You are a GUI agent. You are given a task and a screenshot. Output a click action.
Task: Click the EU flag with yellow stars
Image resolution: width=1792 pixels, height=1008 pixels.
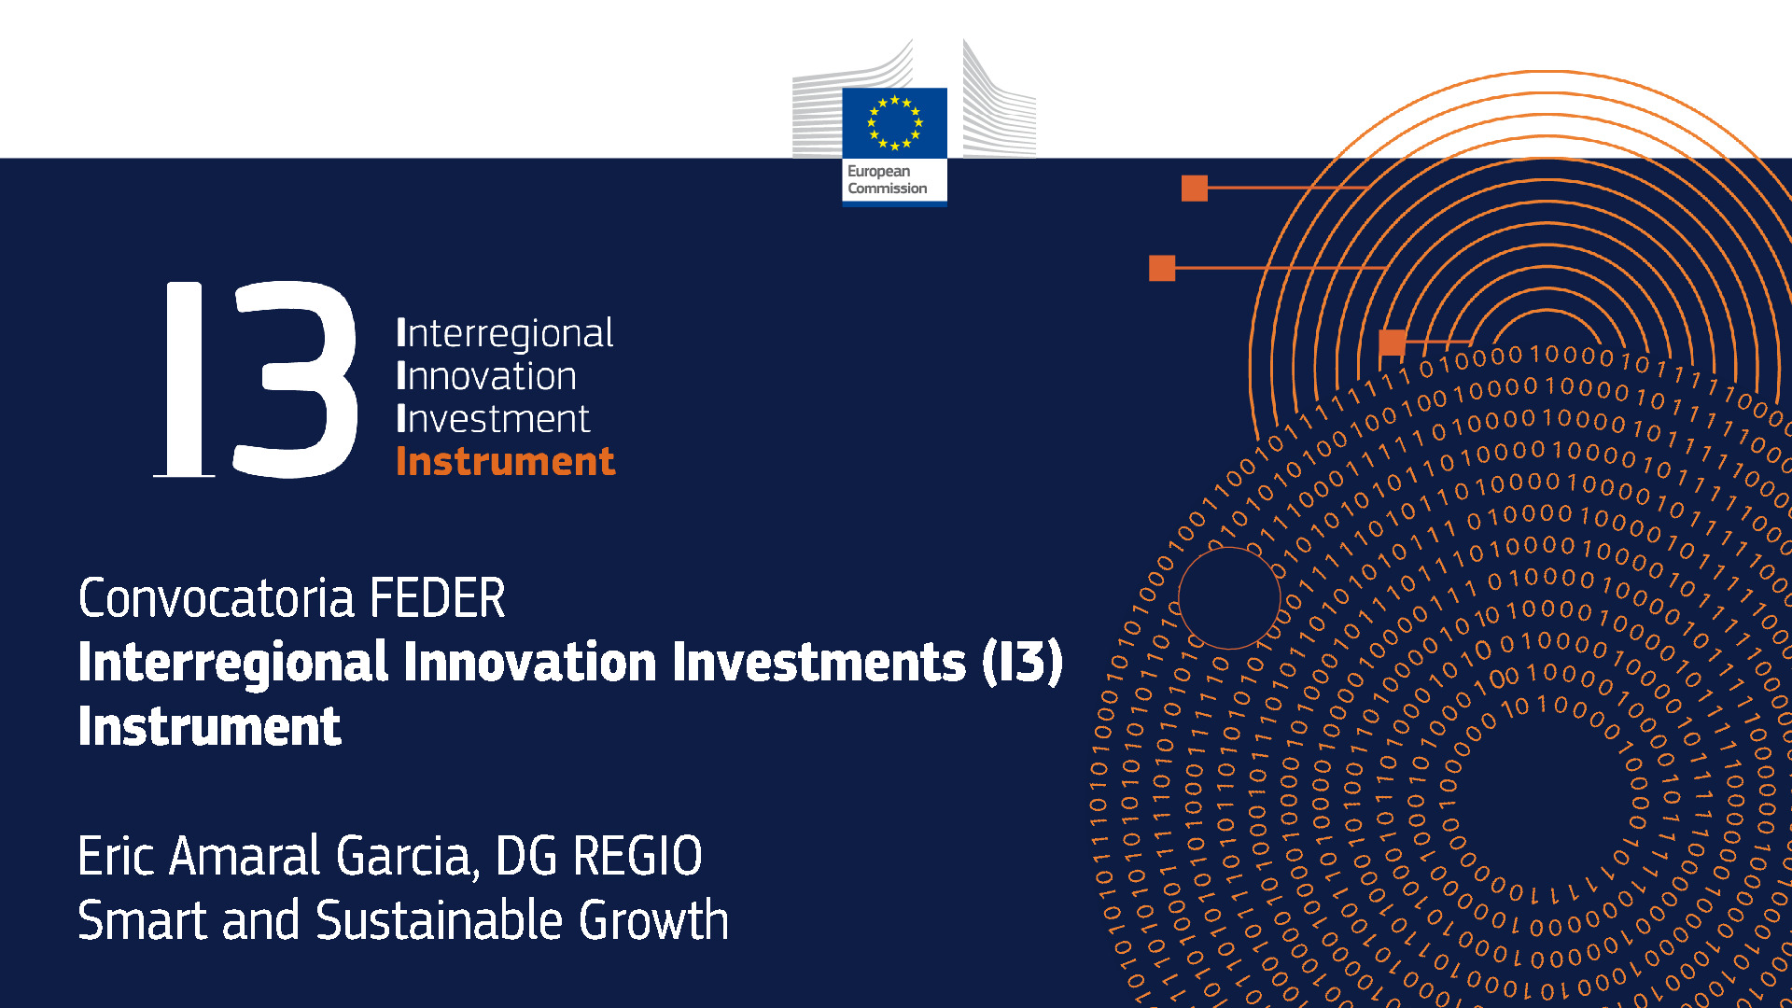click(x=894, y=123)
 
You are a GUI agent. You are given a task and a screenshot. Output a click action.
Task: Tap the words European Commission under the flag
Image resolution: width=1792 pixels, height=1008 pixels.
click(x=887, y=180)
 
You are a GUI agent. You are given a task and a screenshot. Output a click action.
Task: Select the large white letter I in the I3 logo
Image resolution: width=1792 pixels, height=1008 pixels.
click(x=184, y=379)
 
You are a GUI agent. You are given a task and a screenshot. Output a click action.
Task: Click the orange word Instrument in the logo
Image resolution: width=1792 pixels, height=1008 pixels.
click(x=505, y=462)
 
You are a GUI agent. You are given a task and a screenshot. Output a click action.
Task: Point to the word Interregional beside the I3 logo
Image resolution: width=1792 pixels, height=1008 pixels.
click(x=505, y=333)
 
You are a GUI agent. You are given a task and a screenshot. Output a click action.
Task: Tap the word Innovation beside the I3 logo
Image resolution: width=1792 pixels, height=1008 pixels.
click(x=486, y=376)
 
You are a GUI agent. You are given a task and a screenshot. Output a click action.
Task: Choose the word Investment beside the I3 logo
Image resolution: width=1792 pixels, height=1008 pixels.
click(x=493, y=419)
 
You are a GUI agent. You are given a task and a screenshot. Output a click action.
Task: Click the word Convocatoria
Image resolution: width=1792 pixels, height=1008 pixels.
click(x=217, y=598)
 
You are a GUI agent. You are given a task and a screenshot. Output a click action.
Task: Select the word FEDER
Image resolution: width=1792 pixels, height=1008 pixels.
click(x=438, y=598)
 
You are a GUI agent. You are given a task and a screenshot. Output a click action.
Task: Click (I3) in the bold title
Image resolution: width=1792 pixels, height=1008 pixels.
click(x=1022, y=662)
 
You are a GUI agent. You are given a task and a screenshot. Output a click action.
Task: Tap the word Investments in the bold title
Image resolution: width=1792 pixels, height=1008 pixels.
click(x=819, y=662)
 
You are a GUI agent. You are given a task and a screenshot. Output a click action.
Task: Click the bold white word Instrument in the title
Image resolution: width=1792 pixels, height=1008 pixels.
click(x=209, y=726)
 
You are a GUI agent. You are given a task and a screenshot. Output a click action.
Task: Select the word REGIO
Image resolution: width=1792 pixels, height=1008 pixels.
click(x=637, y=856)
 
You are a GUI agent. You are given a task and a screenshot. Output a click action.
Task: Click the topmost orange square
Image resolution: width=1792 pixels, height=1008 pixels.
click(x=1195, y=188)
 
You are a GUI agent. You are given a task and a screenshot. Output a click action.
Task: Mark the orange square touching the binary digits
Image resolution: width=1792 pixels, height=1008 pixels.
click(x=1392, y=343)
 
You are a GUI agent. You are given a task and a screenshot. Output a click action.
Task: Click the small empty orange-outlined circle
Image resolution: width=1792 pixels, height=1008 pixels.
click(x=1229, y=597)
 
